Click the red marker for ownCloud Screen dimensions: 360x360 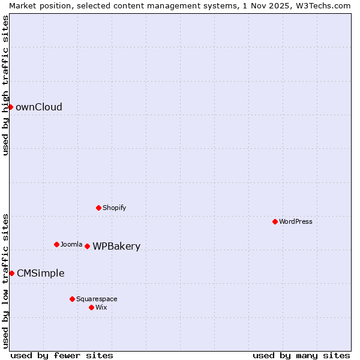click(10, 107)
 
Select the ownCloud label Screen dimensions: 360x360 click(38, 107)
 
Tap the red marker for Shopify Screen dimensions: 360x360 click(98, 208)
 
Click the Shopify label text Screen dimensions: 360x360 click(114, 208)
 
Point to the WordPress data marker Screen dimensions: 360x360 click(275, 221)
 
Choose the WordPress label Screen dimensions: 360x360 click(295, 221)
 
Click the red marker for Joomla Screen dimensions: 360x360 click(56, 244)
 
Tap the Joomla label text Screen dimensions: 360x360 click(71, 244)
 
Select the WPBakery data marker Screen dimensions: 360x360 click(87, 246)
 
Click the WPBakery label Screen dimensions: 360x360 click(116, 247)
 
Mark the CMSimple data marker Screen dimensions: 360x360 click(11, 273)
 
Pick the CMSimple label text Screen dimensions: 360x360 click(40, 274)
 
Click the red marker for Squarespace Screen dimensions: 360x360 click(72, 299)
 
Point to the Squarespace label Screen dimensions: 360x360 click(97, 299)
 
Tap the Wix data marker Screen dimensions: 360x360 click(91, 307)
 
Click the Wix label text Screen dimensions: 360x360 click(101, 307)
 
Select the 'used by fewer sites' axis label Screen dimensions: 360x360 click(62, 355)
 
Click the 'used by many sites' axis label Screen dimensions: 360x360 click(301, 355)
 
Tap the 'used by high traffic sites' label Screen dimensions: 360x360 click(5, 85)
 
